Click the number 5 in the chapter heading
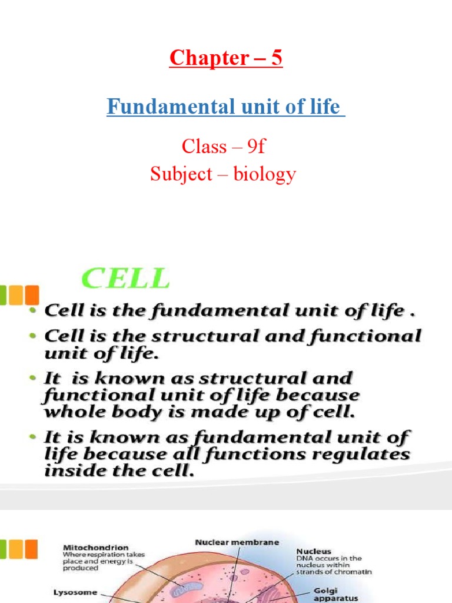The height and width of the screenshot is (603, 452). tap(276, 58)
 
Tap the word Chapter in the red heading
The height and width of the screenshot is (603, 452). tap(208, 58)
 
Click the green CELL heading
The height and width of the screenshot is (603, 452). tap(125, 279)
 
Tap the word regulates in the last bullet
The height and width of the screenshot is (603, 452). tap(365, 455)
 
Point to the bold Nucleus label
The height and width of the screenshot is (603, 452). tap(313, 551)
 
